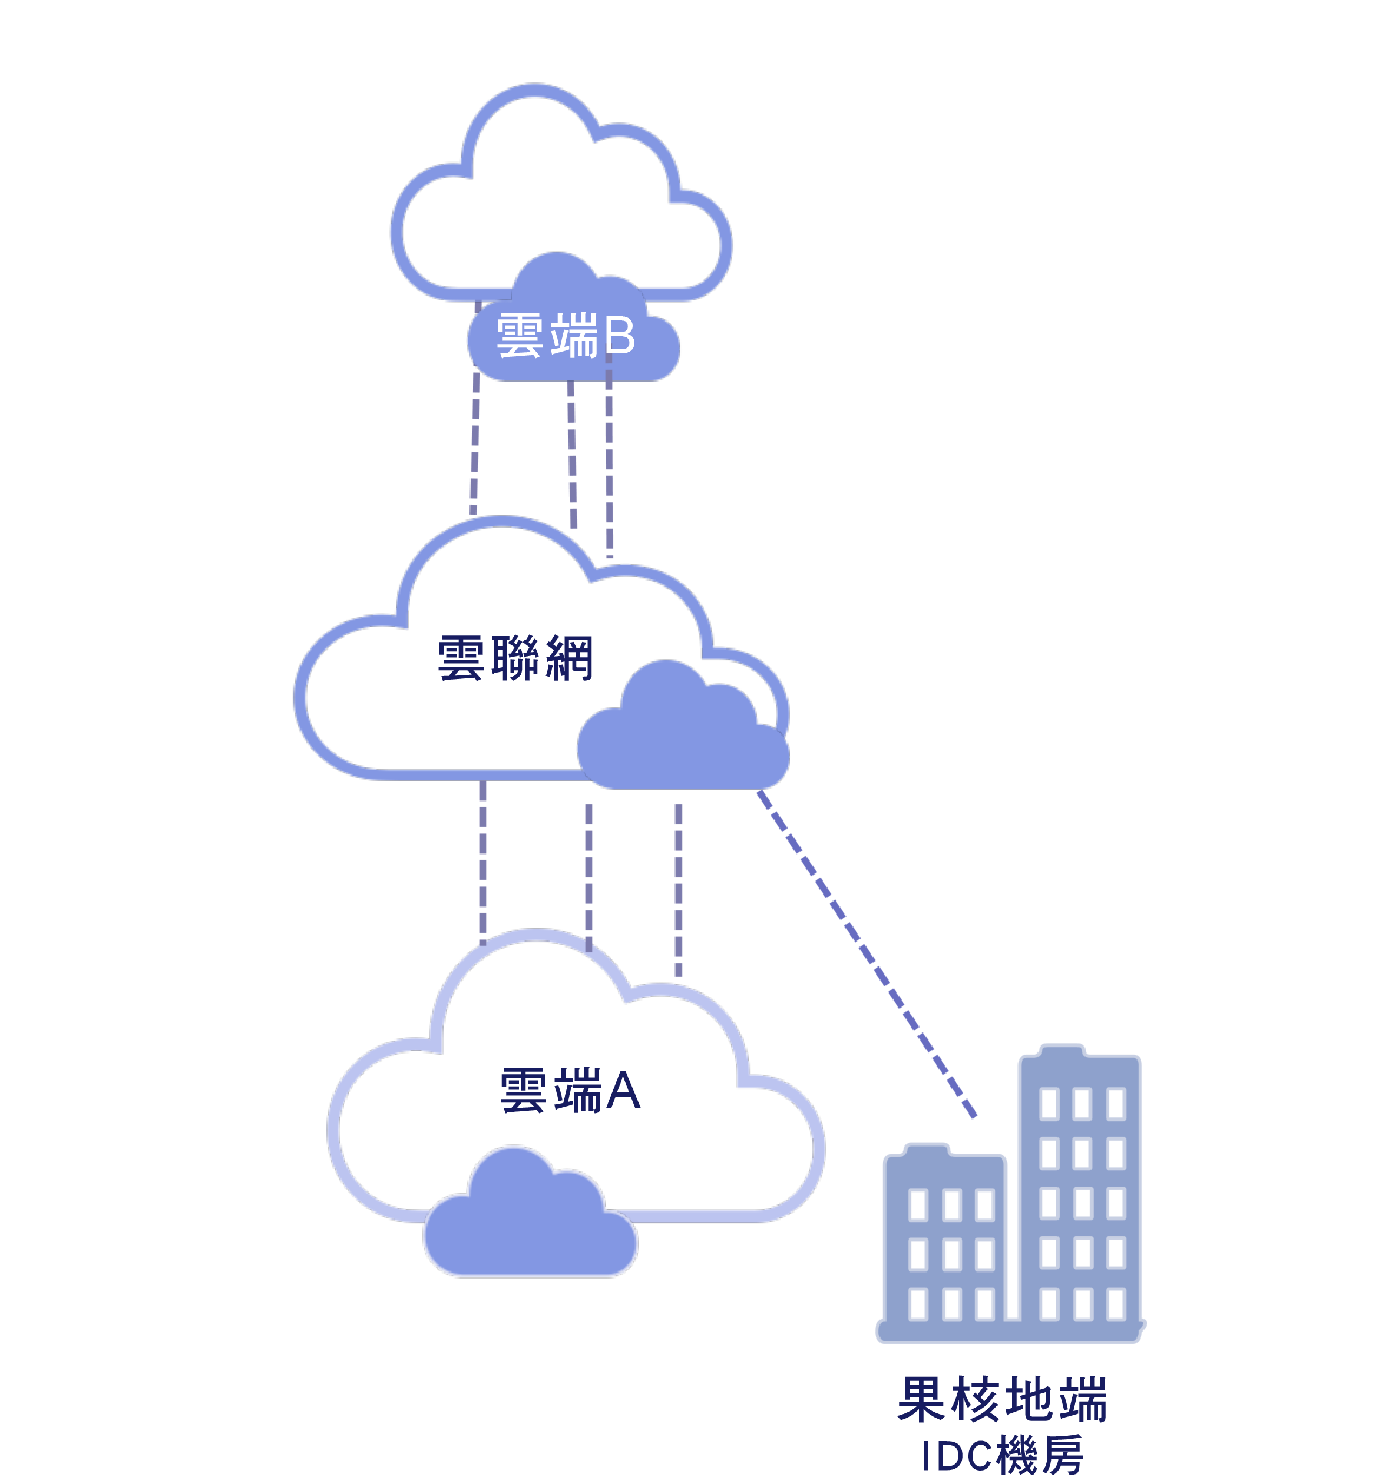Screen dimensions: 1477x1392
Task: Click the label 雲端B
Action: (x=565, y=335)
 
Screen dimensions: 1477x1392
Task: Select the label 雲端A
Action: (x=570, y=1091)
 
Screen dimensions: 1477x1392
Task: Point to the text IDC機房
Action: (x=1003, y=1455)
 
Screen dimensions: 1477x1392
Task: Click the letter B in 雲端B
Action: (x=619, y=335)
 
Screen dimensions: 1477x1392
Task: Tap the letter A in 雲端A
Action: (x=623, y=1091)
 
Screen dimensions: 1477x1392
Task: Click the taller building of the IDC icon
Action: (x=1080, y=1189)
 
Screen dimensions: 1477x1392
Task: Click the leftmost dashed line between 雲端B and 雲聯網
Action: (x=475, y=446)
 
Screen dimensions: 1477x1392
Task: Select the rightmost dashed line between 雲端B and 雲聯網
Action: (x=610, y=461)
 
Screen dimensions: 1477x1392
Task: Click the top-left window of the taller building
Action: (x=1049, y=1103)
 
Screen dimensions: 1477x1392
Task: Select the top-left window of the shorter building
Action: (x=918, y=1204)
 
